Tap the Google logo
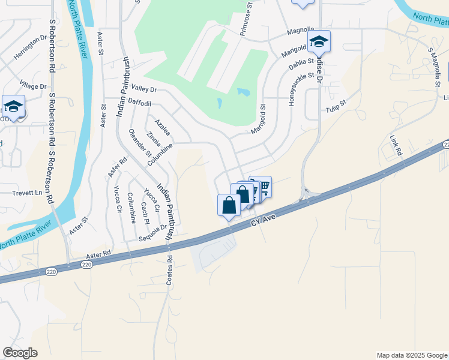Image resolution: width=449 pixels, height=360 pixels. tap(20, 353)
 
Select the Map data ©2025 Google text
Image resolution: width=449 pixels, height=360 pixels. tap(411, 355)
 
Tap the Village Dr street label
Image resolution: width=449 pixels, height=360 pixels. tap(32, 86)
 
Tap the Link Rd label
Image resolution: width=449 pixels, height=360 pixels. tap(395, 145)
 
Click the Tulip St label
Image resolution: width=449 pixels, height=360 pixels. tap(337, 106)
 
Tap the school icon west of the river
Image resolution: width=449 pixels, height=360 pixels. tap(13, 106)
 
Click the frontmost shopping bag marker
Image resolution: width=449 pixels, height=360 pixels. tap(229, 205)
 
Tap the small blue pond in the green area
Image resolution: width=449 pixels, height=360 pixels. tap(243, 92)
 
